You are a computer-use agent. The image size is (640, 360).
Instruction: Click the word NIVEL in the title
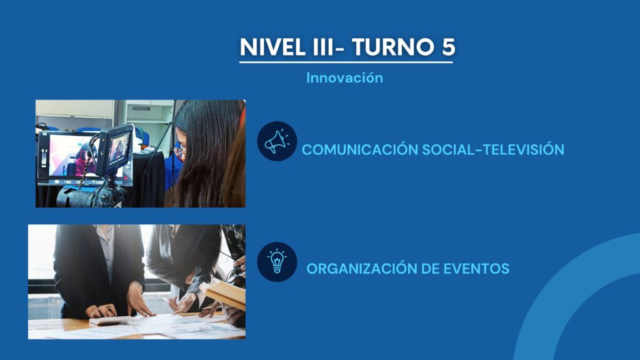click(x=272, y=46)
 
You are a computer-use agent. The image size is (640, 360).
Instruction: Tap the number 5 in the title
click(x=448, y=46)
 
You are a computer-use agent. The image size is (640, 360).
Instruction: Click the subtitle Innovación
click(x=345, y=77)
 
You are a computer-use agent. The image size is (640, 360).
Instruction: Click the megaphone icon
click(x=277, y=141)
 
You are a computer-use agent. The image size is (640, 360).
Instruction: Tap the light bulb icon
click(x=277, y=262)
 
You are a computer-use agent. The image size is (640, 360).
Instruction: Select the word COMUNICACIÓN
click(x=360, y=149)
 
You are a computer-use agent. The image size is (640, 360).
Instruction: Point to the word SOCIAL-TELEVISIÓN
click(x=493, y=149)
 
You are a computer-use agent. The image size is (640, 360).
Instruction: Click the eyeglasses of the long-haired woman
click(x=179, y=152)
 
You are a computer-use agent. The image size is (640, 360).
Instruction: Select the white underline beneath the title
click(x=346, y=62)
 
